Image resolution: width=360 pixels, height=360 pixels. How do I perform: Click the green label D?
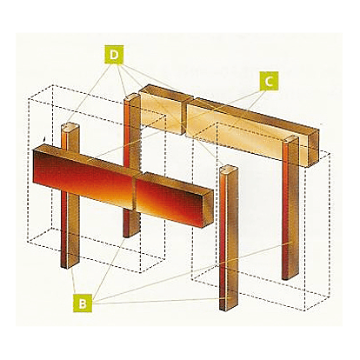click(x=114, y=54)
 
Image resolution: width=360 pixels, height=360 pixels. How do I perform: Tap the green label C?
click(x=269, y=81)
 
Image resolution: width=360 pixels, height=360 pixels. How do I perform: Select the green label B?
click(x=83, y=303)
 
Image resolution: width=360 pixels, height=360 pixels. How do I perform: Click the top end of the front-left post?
click(x=70, y=128)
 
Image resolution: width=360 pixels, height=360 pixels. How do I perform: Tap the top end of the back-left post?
click(x=132, y=97)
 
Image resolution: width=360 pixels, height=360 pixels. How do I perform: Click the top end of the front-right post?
click(x=230, y=169)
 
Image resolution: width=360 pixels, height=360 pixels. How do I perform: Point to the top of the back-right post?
click(x=291, y=139)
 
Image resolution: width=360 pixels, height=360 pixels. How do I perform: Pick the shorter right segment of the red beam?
click(x=175, y=200)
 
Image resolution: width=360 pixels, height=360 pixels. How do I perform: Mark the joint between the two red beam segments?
click(x=135, y=192)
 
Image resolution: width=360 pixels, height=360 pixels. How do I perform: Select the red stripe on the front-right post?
click(x=223, y=237)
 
